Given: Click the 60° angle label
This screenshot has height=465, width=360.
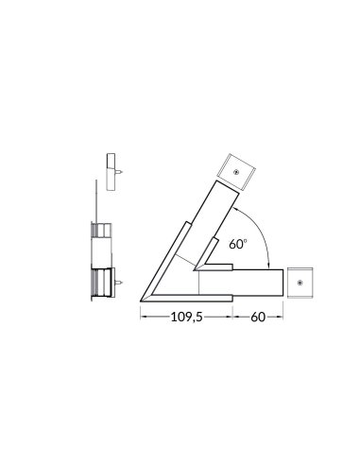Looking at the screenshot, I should [x=237, y=243].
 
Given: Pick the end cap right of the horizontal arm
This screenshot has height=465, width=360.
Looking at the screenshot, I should [x=301, y=282].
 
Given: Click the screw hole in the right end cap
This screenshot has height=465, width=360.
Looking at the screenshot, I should [x=301, y=282].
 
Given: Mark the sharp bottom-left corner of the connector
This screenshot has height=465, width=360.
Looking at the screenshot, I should [x=141, y=301].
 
